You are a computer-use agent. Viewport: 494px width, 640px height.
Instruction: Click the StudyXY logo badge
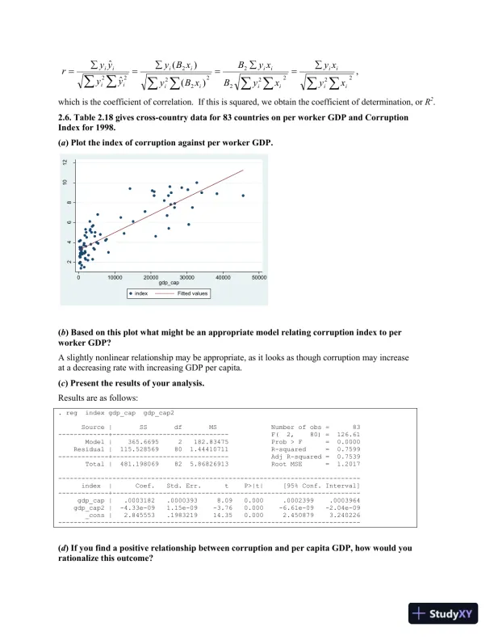pyautogui.click(x=442, y=613)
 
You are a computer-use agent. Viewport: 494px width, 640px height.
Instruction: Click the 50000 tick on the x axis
pyautogui.click(x=259, y=277)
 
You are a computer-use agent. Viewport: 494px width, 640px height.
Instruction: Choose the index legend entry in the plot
pyautogui.click(x=137, y=293)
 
